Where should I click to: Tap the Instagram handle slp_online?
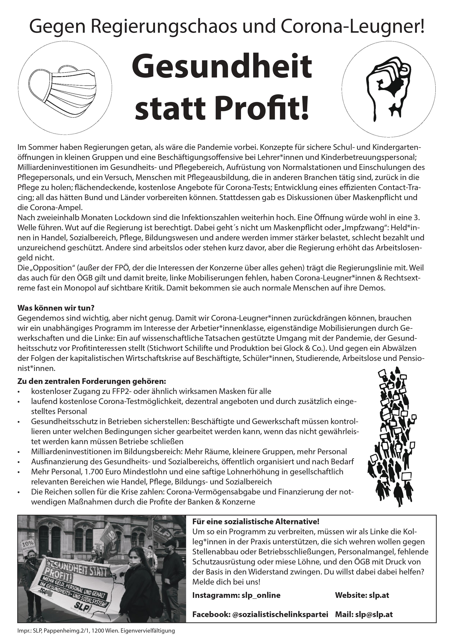click(261, 595)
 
